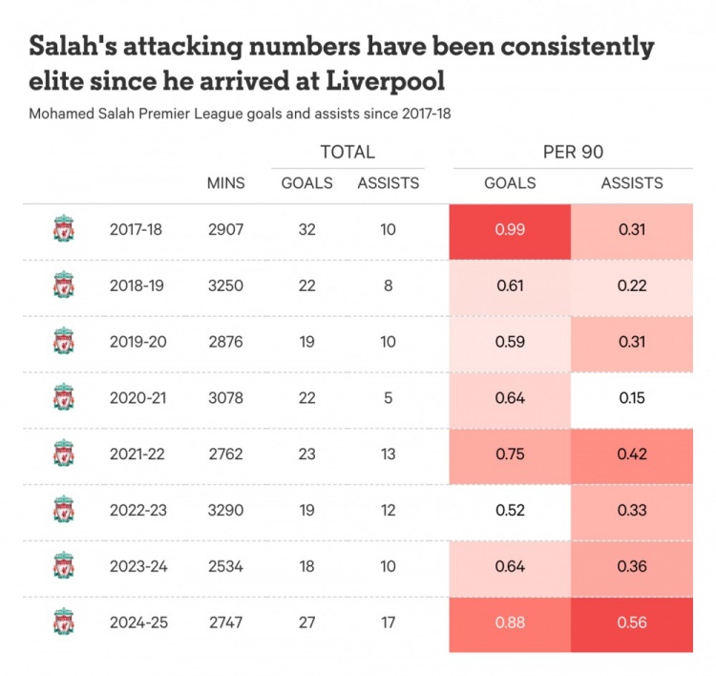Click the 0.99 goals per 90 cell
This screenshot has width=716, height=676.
click(x=510, y=230)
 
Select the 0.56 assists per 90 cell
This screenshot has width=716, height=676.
click(x=632, y=623)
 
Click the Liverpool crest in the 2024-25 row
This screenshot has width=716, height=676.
click(x=63, y=623)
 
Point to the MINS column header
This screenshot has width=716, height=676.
click(x=225, y=183)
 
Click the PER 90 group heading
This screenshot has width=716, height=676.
click(x=572, y=152)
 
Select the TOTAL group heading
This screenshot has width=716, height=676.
click(x=347, y=152)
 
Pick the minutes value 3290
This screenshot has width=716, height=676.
click(x=225, y=511)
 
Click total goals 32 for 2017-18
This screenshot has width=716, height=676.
click(x=306, y=230)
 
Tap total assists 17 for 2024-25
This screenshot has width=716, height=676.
click(x=388, y=623)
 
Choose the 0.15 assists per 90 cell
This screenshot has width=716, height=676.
click(x=632, y=398)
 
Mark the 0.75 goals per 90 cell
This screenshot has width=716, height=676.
click(x=510, y=454)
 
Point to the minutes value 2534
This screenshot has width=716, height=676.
click(x=225, y=566)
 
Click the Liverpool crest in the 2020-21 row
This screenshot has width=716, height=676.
click(x=63, y=398)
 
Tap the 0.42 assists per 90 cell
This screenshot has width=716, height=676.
click(x=632, y=454)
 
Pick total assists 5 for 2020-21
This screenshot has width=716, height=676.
click(x=388, y=398)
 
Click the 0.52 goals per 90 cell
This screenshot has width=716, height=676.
click(x=510, y=511)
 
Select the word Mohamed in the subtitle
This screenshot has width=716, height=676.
click(x=61, y=114)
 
